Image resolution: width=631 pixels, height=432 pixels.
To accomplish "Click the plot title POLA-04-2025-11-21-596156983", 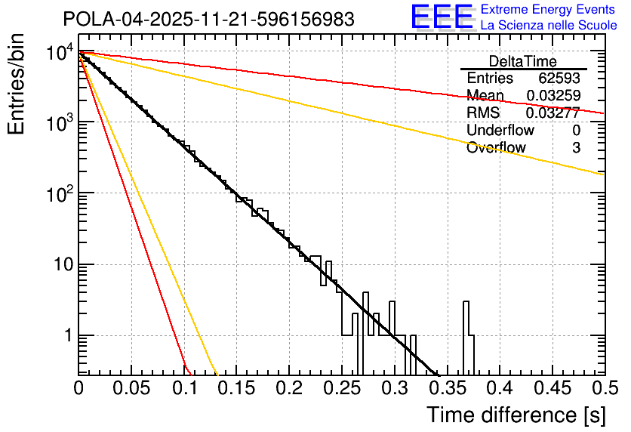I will click(x=208, y=19).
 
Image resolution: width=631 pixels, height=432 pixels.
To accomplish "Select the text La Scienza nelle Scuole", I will click(x=549, y=25).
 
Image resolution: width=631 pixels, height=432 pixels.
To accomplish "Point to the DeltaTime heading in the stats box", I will click(x=522, y=61).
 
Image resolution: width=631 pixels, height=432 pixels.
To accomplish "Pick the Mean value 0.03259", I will click(x=553, y=96).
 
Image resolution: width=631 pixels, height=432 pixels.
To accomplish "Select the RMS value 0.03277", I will click(x=553, y=113).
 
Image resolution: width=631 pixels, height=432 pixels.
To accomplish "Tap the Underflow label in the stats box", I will click(x=500, y=130).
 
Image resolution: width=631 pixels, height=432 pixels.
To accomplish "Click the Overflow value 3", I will click(x=576, y=148).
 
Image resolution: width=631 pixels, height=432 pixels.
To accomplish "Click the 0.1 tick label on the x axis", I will click(x=184, y=388).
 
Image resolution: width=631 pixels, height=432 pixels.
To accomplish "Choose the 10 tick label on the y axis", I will click(x=62, y=265).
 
